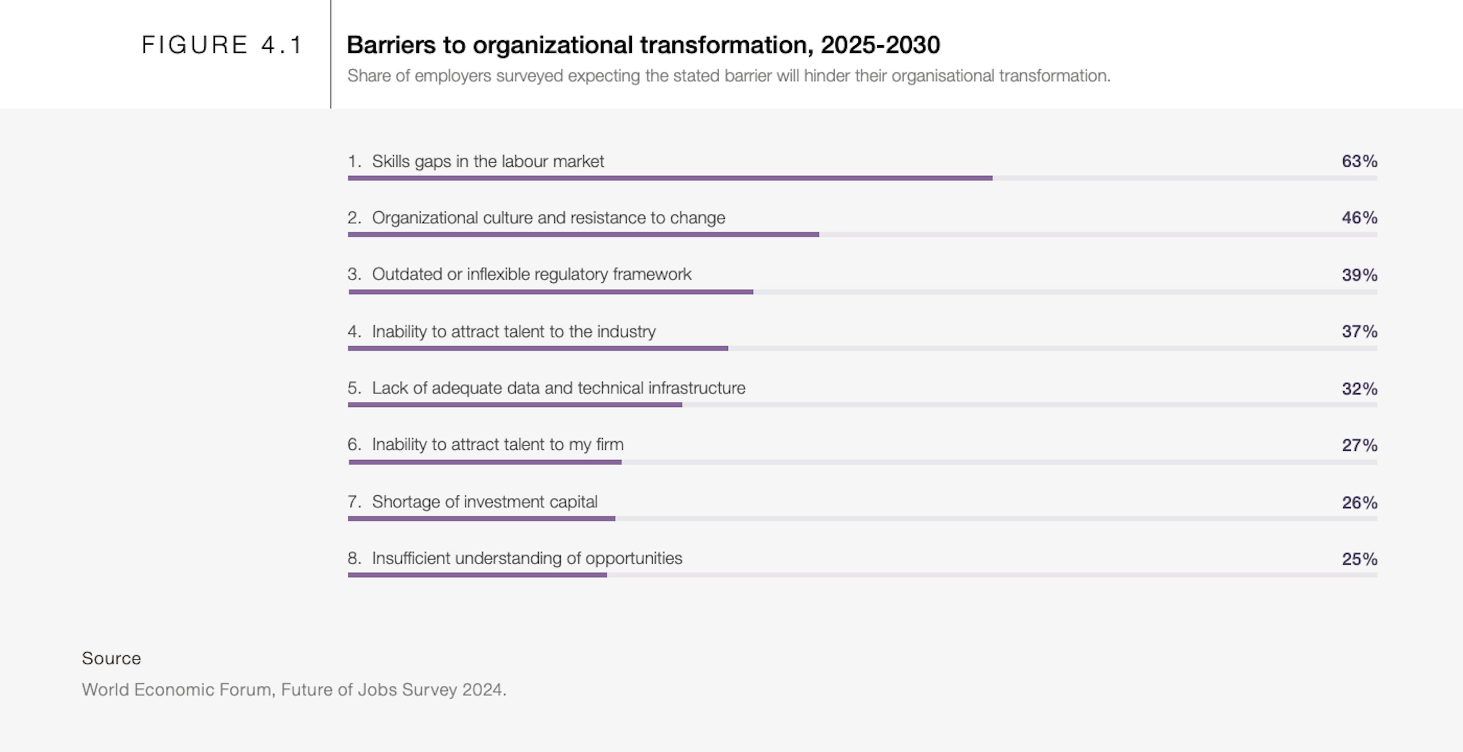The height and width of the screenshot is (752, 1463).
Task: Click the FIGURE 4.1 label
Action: tap(221, 45)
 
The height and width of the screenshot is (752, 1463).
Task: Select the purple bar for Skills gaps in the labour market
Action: tap(670, 178)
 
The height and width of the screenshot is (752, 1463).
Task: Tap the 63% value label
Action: tap(1359, 161)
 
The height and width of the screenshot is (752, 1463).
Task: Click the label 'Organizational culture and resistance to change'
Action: tap(548, 218)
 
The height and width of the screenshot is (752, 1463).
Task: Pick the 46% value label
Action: tap(1359, 218)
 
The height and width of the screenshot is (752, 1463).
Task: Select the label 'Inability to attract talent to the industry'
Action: tap(514, 331)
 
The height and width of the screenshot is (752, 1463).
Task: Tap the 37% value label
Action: tap(1359, 331)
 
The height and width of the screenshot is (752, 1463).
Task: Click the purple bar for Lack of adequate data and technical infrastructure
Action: tap(515, 405)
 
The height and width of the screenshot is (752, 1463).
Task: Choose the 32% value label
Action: tap(1359, 389)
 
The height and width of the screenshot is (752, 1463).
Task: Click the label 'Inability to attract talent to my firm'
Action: tap(498, 444)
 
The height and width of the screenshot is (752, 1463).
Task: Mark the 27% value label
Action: tap(1359, 445)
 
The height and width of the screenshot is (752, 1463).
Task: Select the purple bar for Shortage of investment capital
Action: tap(481, 518)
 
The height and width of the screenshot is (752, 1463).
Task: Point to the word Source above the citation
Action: tap(111, 658)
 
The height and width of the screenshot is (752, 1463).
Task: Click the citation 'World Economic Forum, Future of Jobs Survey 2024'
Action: tap(294, 690)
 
